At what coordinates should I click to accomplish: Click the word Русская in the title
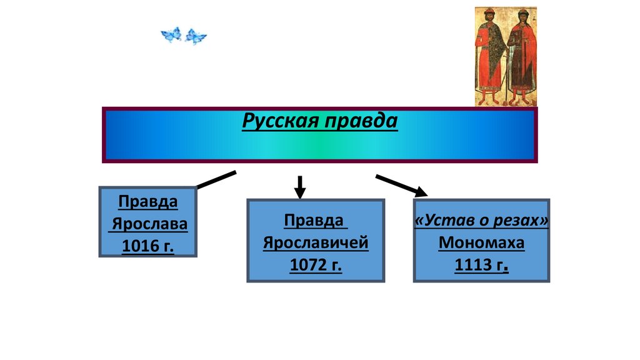279,121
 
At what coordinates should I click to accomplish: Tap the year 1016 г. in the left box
148,246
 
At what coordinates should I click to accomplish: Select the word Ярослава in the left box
148,224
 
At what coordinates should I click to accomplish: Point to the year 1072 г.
316,264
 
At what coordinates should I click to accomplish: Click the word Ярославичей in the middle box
316,242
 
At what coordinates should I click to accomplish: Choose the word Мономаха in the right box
481,242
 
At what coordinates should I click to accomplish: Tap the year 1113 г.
481,265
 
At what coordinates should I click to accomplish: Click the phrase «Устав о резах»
481,221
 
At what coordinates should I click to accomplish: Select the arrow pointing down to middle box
300,187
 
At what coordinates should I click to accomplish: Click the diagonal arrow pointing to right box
401,185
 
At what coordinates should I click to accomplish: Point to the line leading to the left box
216,179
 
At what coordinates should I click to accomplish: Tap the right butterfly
196,37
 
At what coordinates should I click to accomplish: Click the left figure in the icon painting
489,56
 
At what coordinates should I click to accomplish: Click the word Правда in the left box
148,202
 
